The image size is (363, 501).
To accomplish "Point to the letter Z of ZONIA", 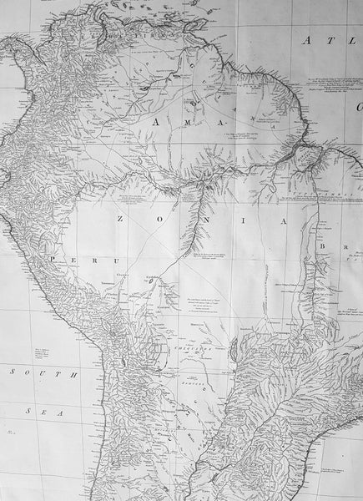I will pos(119,220).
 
